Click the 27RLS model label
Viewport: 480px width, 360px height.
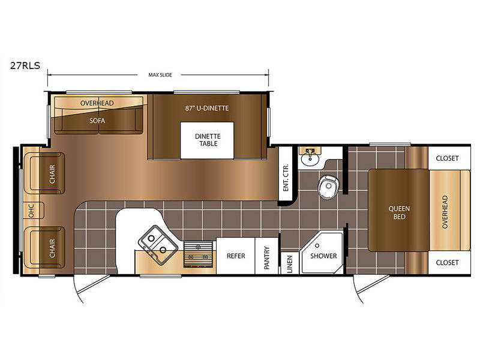(x=25, y=65)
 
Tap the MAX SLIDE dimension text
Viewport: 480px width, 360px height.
(x=160, y=75)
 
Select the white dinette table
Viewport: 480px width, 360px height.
(x=207, y=140)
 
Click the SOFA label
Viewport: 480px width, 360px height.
(x=97, y=121)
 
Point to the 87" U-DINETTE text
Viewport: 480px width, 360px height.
(x=207, y=108)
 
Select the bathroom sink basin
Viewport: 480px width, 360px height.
(x=310, y=159)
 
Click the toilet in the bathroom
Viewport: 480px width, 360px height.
(x=328, y=187)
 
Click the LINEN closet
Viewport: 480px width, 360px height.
(x=289, y=263)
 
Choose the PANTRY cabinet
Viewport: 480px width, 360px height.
(x=266, y=256)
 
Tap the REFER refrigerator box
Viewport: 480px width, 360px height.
(x=236, y=256)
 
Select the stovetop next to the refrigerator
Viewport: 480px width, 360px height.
(x=199, y=254)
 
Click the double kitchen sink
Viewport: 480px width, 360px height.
(x=158, y=245)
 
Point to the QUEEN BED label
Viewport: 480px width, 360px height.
(x=399, y=212)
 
